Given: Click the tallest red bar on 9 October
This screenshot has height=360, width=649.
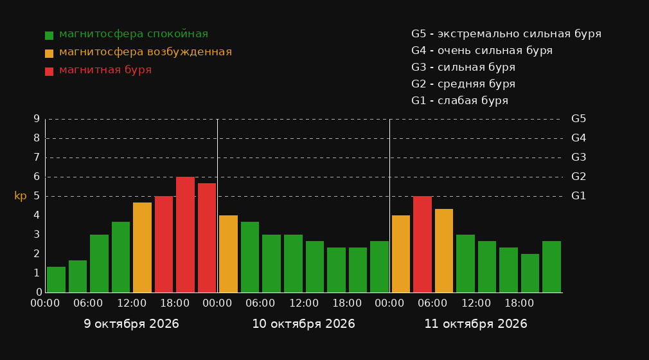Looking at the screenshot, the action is pyautogui.click(x=186, y=235).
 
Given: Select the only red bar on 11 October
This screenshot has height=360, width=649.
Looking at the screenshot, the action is pyautogui.click(x=422, y=244).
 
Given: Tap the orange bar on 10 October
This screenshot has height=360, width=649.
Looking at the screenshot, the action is pyautogui.click(x=228, y=253).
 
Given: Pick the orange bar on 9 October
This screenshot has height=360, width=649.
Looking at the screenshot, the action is pyautogui.click(x=143, y=248).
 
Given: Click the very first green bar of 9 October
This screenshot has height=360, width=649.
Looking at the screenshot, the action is pyautogui.click(x=56, y=280).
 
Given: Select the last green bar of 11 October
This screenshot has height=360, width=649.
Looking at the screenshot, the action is pyautogui.click(x=551, y=267).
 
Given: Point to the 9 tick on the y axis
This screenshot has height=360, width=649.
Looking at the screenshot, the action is pyautogui.click(x=37, y=119).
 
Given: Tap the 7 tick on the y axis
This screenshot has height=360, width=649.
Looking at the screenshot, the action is pyautogui.click(x=37, y=157).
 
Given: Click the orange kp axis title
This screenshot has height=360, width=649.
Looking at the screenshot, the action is pyautogui.click(x=21, y=196).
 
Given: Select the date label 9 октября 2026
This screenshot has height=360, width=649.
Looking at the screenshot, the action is pyautogui.click(x=131, y=323).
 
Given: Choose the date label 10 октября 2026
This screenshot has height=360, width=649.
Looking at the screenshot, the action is pyautogui.click(x=303, y=323).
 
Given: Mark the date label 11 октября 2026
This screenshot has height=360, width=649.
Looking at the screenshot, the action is pyautogui.click(x=476, y=323).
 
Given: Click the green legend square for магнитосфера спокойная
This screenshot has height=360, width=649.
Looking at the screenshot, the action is pyautogui.click(x=49, y=35).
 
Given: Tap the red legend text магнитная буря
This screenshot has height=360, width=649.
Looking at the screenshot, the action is pyautogui.click(x=105, y=70).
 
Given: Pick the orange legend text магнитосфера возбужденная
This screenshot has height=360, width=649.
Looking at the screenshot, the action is pyautogui.click(x=146, y=52).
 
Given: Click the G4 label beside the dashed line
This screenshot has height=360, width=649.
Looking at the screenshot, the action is pyautogui.click(x=578, y=138).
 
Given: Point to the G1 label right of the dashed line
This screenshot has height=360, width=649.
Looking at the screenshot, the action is pyautogui.click(x=578, y=196).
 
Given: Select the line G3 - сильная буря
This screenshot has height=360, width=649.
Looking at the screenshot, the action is pyautogui.click(x=463, y=67).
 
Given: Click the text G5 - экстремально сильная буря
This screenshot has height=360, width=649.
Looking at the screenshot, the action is pyautogui.click(x=506, y=34).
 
